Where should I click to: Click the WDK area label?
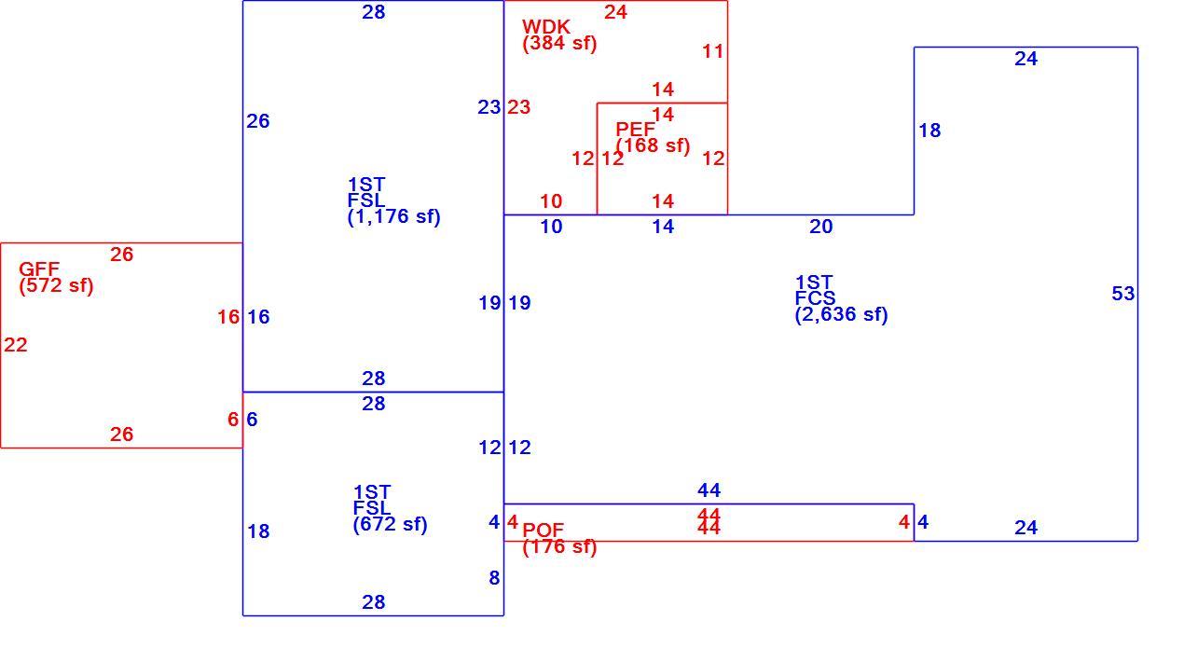point(546,26)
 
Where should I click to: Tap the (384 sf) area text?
point(559,43)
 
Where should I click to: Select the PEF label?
point(635,129)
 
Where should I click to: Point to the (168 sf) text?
point(653,145)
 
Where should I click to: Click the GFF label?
point(39,269)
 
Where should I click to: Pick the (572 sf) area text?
point(56,285)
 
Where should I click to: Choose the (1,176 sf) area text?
point(393,217)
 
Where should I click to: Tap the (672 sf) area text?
point(390,525)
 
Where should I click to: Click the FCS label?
point(815,298)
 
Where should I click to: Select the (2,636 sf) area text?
point(842,314)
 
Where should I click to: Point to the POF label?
point(543,530)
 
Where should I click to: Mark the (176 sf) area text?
point(559,546)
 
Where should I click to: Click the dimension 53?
point(1123,294)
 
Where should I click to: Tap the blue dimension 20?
point(820,227)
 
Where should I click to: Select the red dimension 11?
point(712,52)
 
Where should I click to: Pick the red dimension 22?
point(15,345)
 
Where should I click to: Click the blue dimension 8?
point(494,578)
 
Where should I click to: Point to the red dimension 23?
point(518,107)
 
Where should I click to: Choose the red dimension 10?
point(551,201)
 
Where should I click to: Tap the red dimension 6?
point(233,420)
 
